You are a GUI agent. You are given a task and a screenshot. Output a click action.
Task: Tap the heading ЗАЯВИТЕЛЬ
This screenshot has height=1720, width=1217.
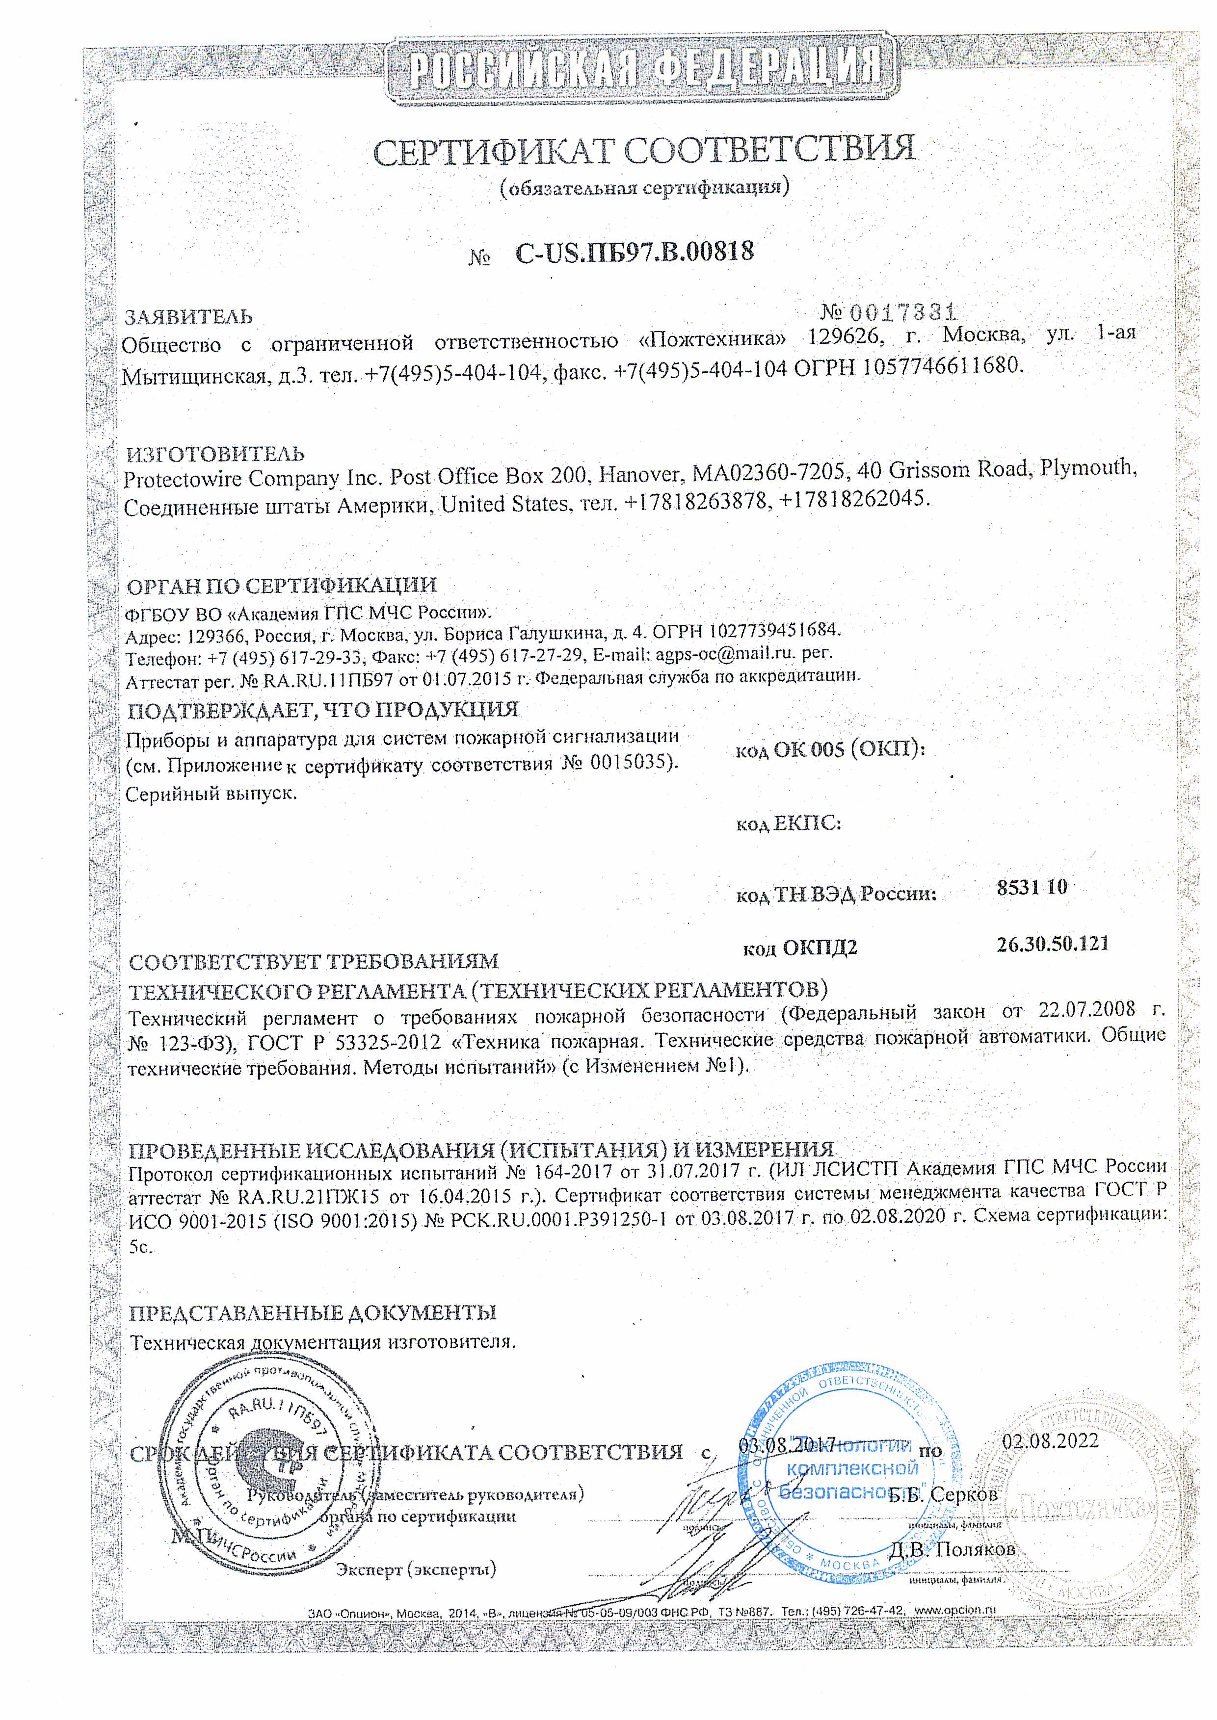point(188,317)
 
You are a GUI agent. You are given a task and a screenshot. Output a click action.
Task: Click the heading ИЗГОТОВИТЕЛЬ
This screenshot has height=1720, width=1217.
point(215,454)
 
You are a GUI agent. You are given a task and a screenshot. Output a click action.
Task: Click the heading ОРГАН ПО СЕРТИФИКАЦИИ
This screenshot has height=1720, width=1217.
point(281,586)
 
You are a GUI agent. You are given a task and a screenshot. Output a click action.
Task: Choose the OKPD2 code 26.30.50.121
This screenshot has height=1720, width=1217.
point(1052,944)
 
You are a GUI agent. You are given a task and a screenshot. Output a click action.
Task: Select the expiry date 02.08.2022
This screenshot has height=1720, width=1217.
point(1050,1440)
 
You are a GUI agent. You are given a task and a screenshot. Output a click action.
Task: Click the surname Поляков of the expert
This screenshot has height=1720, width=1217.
point(975,1548)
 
